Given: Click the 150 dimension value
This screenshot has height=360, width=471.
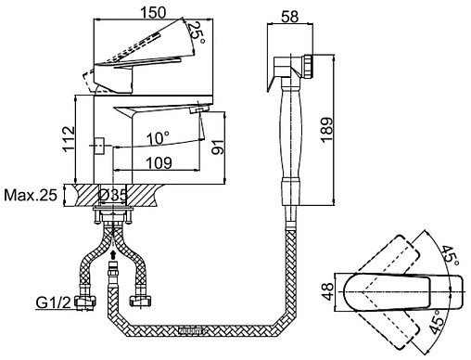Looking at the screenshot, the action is pyautogui.click(x=154, y=12).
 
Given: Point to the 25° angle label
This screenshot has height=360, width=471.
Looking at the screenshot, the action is pyautogui.click(x=197, y=33).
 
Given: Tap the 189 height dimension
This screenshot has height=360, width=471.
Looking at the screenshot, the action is pyautogui.click(x=326, y=130).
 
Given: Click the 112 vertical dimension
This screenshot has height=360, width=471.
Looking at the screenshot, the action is pyautogui.click(x=69, y=139).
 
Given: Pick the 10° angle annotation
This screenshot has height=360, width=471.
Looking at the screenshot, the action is pyautogui.click(x=158, y=138).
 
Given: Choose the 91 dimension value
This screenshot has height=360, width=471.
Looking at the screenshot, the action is pyautogui.click(x=217, y=147).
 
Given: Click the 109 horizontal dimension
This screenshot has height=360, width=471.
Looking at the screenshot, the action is pyautogui.click(x=159, y=162).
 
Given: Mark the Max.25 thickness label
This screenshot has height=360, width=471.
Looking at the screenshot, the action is pyautogui.click(x=31, y=195).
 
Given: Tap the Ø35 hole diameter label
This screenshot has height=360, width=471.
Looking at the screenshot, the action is pyautogui.click(x=113, y=195).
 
